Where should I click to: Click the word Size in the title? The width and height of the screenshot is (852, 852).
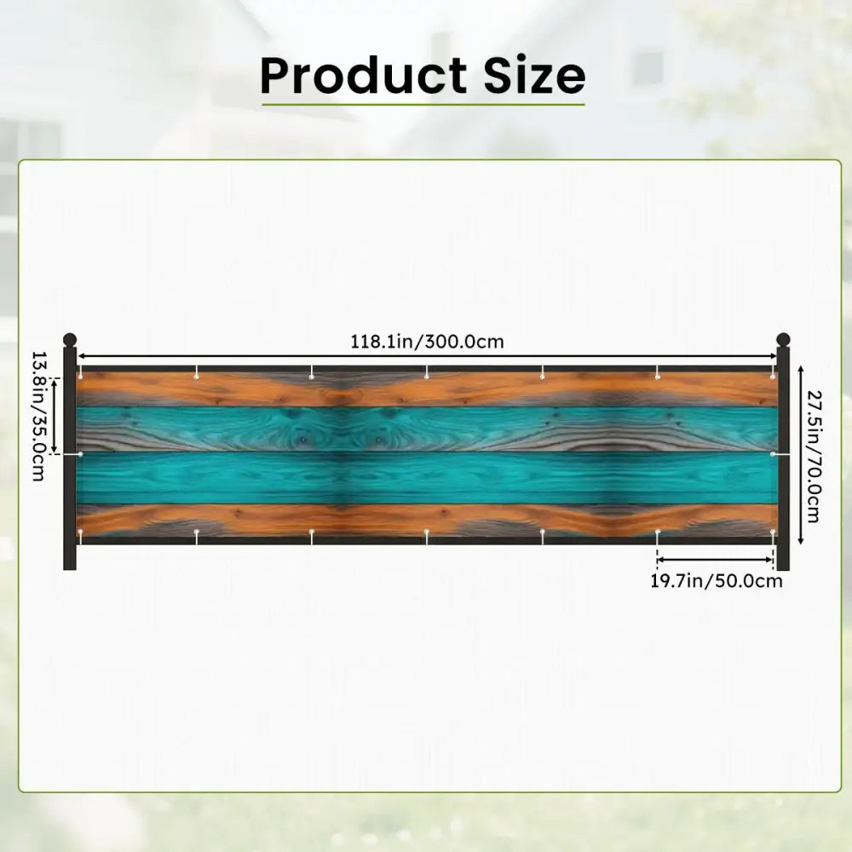click(x=534, y=75)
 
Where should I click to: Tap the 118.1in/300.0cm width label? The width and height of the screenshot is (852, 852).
click(x=427, y=342)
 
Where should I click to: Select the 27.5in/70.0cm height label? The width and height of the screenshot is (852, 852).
click(x=814, y=457)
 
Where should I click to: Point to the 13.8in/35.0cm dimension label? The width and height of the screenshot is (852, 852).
click(x=38, y=417)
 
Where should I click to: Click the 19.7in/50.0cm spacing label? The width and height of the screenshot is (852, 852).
click(x=717, y=581)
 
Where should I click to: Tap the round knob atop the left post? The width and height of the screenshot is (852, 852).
click(x=70, y=340)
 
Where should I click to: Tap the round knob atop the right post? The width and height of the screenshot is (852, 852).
click(x=783, y=340)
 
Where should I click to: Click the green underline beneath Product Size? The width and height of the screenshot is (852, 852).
click(x=423, y=104)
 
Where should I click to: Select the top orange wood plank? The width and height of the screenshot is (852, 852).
click(x=427, y=389)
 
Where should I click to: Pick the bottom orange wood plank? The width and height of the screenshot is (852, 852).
click(x=427, y=520)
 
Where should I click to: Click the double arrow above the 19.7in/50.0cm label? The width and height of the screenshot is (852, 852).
click(x=715, y=559)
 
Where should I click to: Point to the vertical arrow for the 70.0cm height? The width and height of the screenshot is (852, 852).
click(x=800, y=455)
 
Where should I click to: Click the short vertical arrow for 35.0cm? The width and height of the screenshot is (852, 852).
click(x=55, y=416)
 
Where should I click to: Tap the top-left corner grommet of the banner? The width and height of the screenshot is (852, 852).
click(x=80, y=376)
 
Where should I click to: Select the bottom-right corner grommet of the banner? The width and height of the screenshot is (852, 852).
click(x=773, y=531)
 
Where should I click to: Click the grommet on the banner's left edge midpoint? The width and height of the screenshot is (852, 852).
click(x=80, y=454)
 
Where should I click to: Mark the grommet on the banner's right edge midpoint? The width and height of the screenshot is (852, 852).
click(x=773, y=454)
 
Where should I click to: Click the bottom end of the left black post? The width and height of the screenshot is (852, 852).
click(x=70, y=569)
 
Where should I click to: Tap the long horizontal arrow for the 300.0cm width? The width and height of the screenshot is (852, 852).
click(x=427, y=356)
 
